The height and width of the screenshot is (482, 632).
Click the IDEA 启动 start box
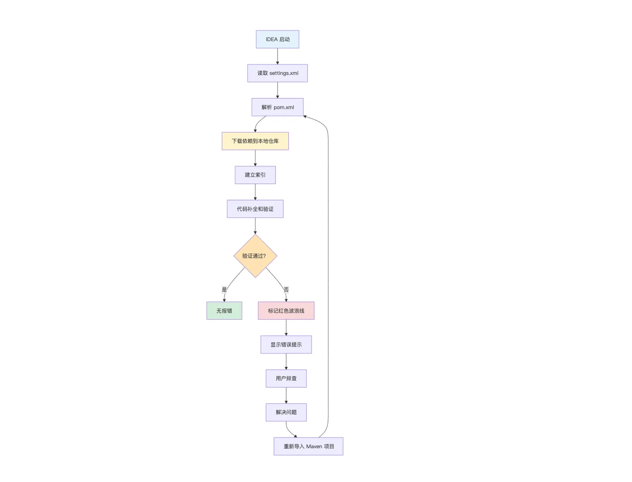(x=277, y=39)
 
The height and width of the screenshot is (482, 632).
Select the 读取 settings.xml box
(x=277, y=73)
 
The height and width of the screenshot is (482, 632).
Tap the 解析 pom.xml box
(x=277, y=107)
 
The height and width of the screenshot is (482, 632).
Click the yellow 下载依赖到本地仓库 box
(x=255, y=141)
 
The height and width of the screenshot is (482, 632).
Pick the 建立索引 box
(x=255, y=175)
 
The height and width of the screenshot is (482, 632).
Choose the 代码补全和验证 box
(x=255, y=209)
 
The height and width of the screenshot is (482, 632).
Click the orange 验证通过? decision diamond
(x=255, y=256)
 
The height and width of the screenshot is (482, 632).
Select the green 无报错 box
(x=224, y=311)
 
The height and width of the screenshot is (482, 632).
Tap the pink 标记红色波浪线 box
(x=286, y=311)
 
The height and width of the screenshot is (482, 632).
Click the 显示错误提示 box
(x=286, y=345)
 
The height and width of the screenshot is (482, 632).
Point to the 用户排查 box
(x=286, y=378)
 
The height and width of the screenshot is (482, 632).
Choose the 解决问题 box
(x=286, y=412)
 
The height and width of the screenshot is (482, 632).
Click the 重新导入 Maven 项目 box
(x=308, y=446)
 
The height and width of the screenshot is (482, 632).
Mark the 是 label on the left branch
(x=224, y=290)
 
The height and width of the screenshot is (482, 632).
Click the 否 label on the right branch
(x=286, y=290)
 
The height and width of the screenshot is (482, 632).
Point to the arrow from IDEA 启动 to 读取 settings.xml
(x=277, y=56)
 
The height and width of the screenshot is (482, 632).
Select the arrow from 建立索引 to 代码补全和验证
(x=255, y=192)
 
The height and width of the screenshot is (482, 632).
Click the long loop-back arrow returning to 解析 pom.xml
(x=328, y=276)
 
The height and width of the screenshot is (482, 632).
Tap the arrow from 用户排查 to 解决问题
(x=286, y=395)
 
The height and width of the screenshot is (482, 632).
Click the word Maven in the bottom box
(x=314, y=446)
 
